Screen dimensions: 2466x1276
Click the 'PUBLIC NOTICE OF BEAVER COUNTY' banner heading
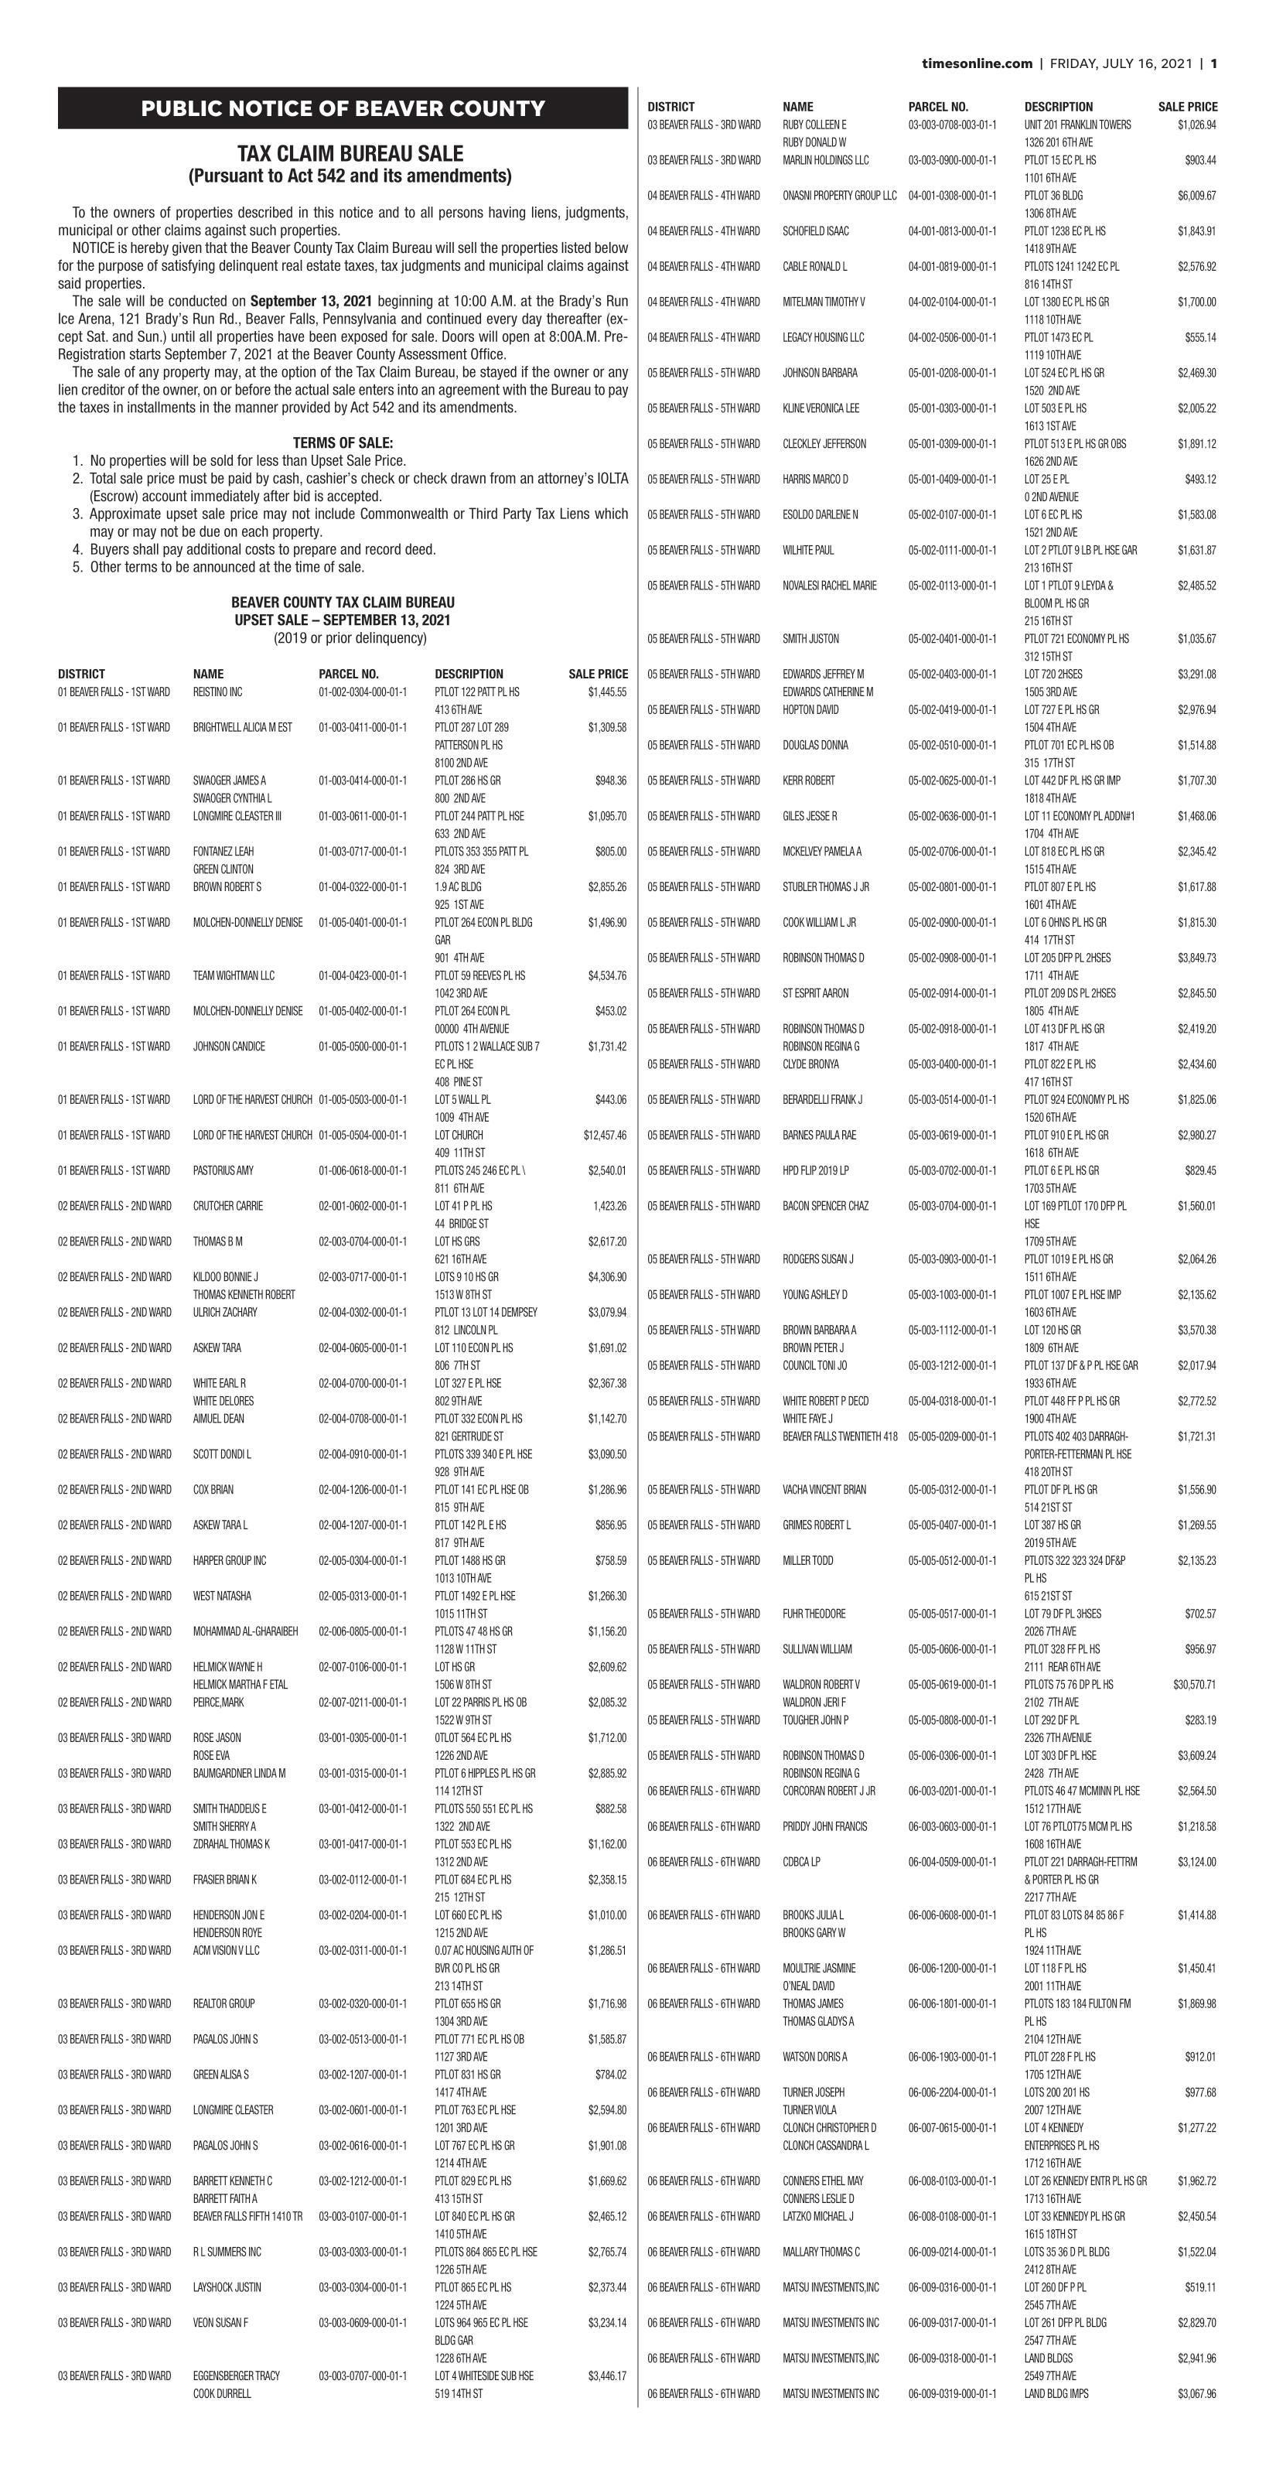(343, 109)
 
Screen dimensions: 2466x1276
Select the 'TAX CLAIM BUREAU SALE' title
(350, 154)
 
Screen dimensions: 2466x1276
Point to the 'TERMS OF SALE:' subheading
(343, 443)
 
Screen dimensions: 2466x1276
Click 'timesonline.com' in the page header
(977, 64)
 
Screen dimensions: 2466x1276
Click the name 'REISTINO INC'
(217, 692)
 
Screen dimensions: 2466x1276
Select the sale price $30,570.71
(1194, 1685)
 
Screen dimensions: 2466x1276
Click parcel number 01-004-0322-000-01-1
(362, 887)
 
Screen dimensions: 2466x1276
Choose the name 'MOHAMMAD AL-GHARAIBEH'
(245, 1631)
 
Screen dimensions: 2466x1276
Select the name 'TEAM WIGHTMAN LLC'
(234, 975)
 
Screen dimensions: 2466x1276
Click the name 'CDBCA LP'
(801, 1862)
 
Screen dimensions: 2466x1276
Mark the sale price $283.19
(1199, 1720)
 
